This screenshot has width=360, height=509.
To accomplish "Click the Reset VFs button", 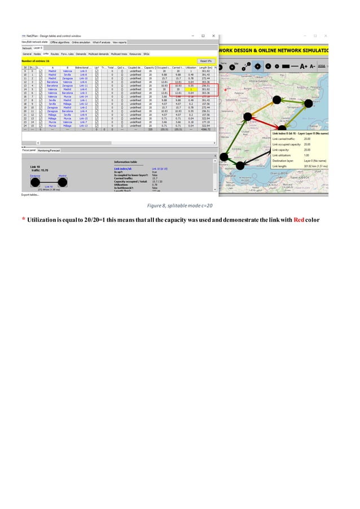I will pos(205,60).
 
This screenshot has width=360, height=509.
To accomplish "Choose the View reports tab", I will pos(120,42).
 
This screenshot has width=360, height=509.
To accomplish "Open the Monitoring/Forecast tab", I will pos(50,151).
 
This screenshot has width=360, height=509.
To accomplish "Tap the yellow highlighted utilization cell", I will pos(191,89).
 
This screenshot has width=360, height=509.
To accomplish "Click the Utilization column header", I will pos(191,68).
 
